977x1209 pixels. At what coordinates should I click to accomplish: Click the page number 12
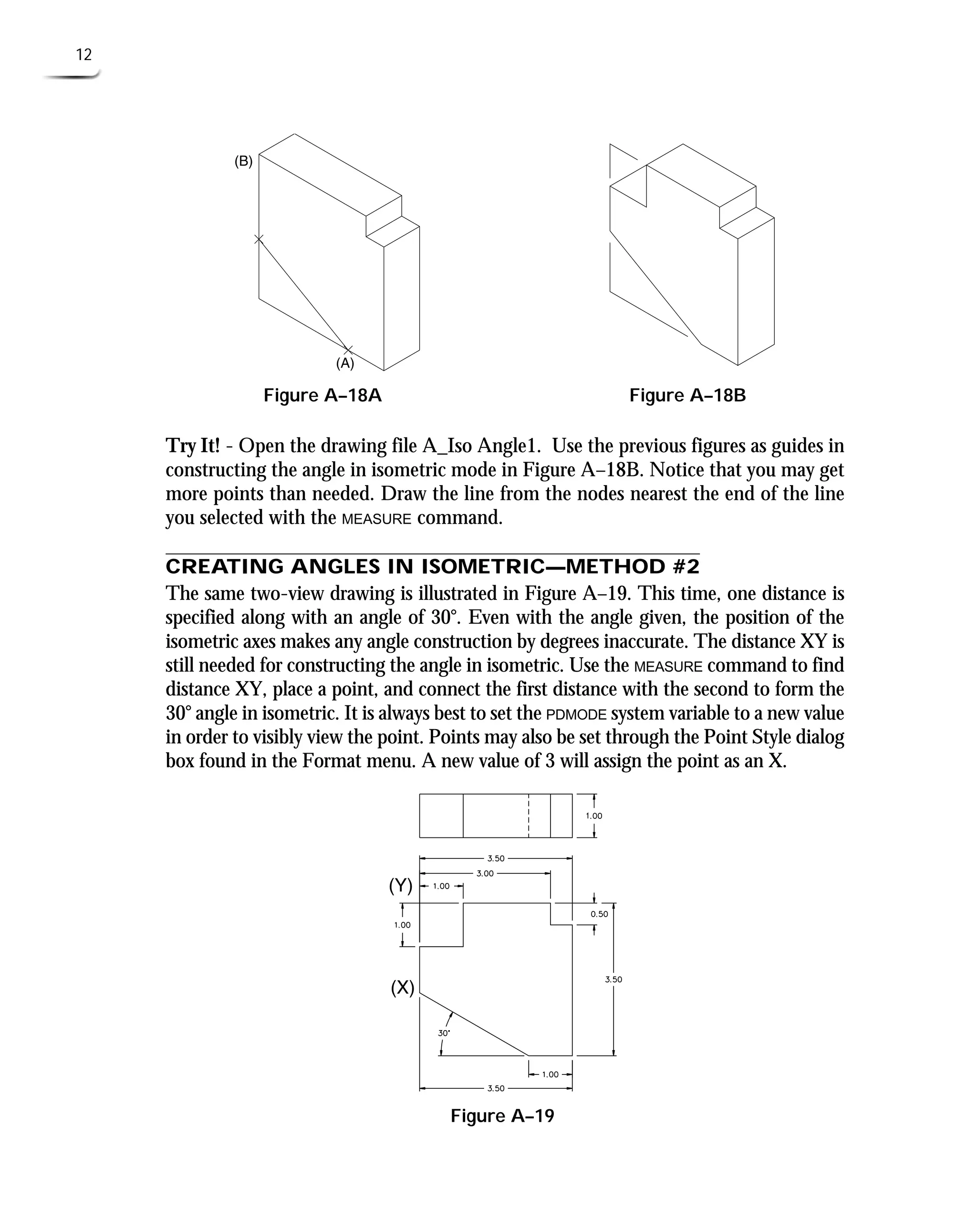click(x=84, y=54)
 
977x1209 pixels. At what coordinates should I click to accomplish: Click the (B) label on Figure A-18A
click(x=243, y=162)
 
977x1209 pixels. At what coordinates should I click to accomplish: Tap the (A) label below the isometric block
click(x=345, y=363)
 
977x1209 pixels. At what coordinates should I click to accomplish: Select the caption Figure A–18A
click(x=322, y=395)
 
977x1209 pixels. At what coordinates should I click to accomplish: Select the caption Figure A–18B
click(x=687, y=395)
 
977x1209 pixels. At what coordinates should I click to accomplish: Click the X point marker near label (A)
click(x=348, y=351)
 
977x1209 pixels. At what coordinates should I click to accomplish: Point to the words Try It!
click(x=192, y=445)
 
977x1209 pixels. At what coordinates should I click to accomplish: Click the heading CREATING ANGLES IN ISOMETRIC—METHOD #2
click(x=432, y=567)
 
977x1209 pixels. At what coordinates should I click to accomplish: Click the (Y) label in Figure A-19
click(x=401, y=886)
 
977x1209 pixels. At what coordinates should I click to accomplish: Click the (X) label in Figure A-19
click(x=403, y=987)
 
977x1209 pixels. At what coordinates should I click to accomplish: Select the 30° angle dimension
click(x=444, y=1033)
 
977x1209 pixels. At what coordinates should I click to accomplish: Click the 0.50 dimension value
click(x=599, y=914)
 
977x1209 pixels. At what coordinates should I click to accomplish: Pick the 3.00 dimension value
click(x=485, y=874)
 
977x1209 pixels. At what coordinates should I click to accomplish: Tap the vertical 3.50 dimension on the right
click(x=613, y=980)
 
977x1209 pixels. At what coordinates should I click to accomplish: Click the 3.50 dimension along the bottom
click(x=496, y=1089)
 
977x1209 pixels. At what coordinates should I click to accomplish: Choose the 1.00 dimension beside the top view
click(x=594, y=816)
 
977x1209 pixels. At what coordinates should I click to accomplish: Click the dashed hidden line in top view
click(x=529, y=816)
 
